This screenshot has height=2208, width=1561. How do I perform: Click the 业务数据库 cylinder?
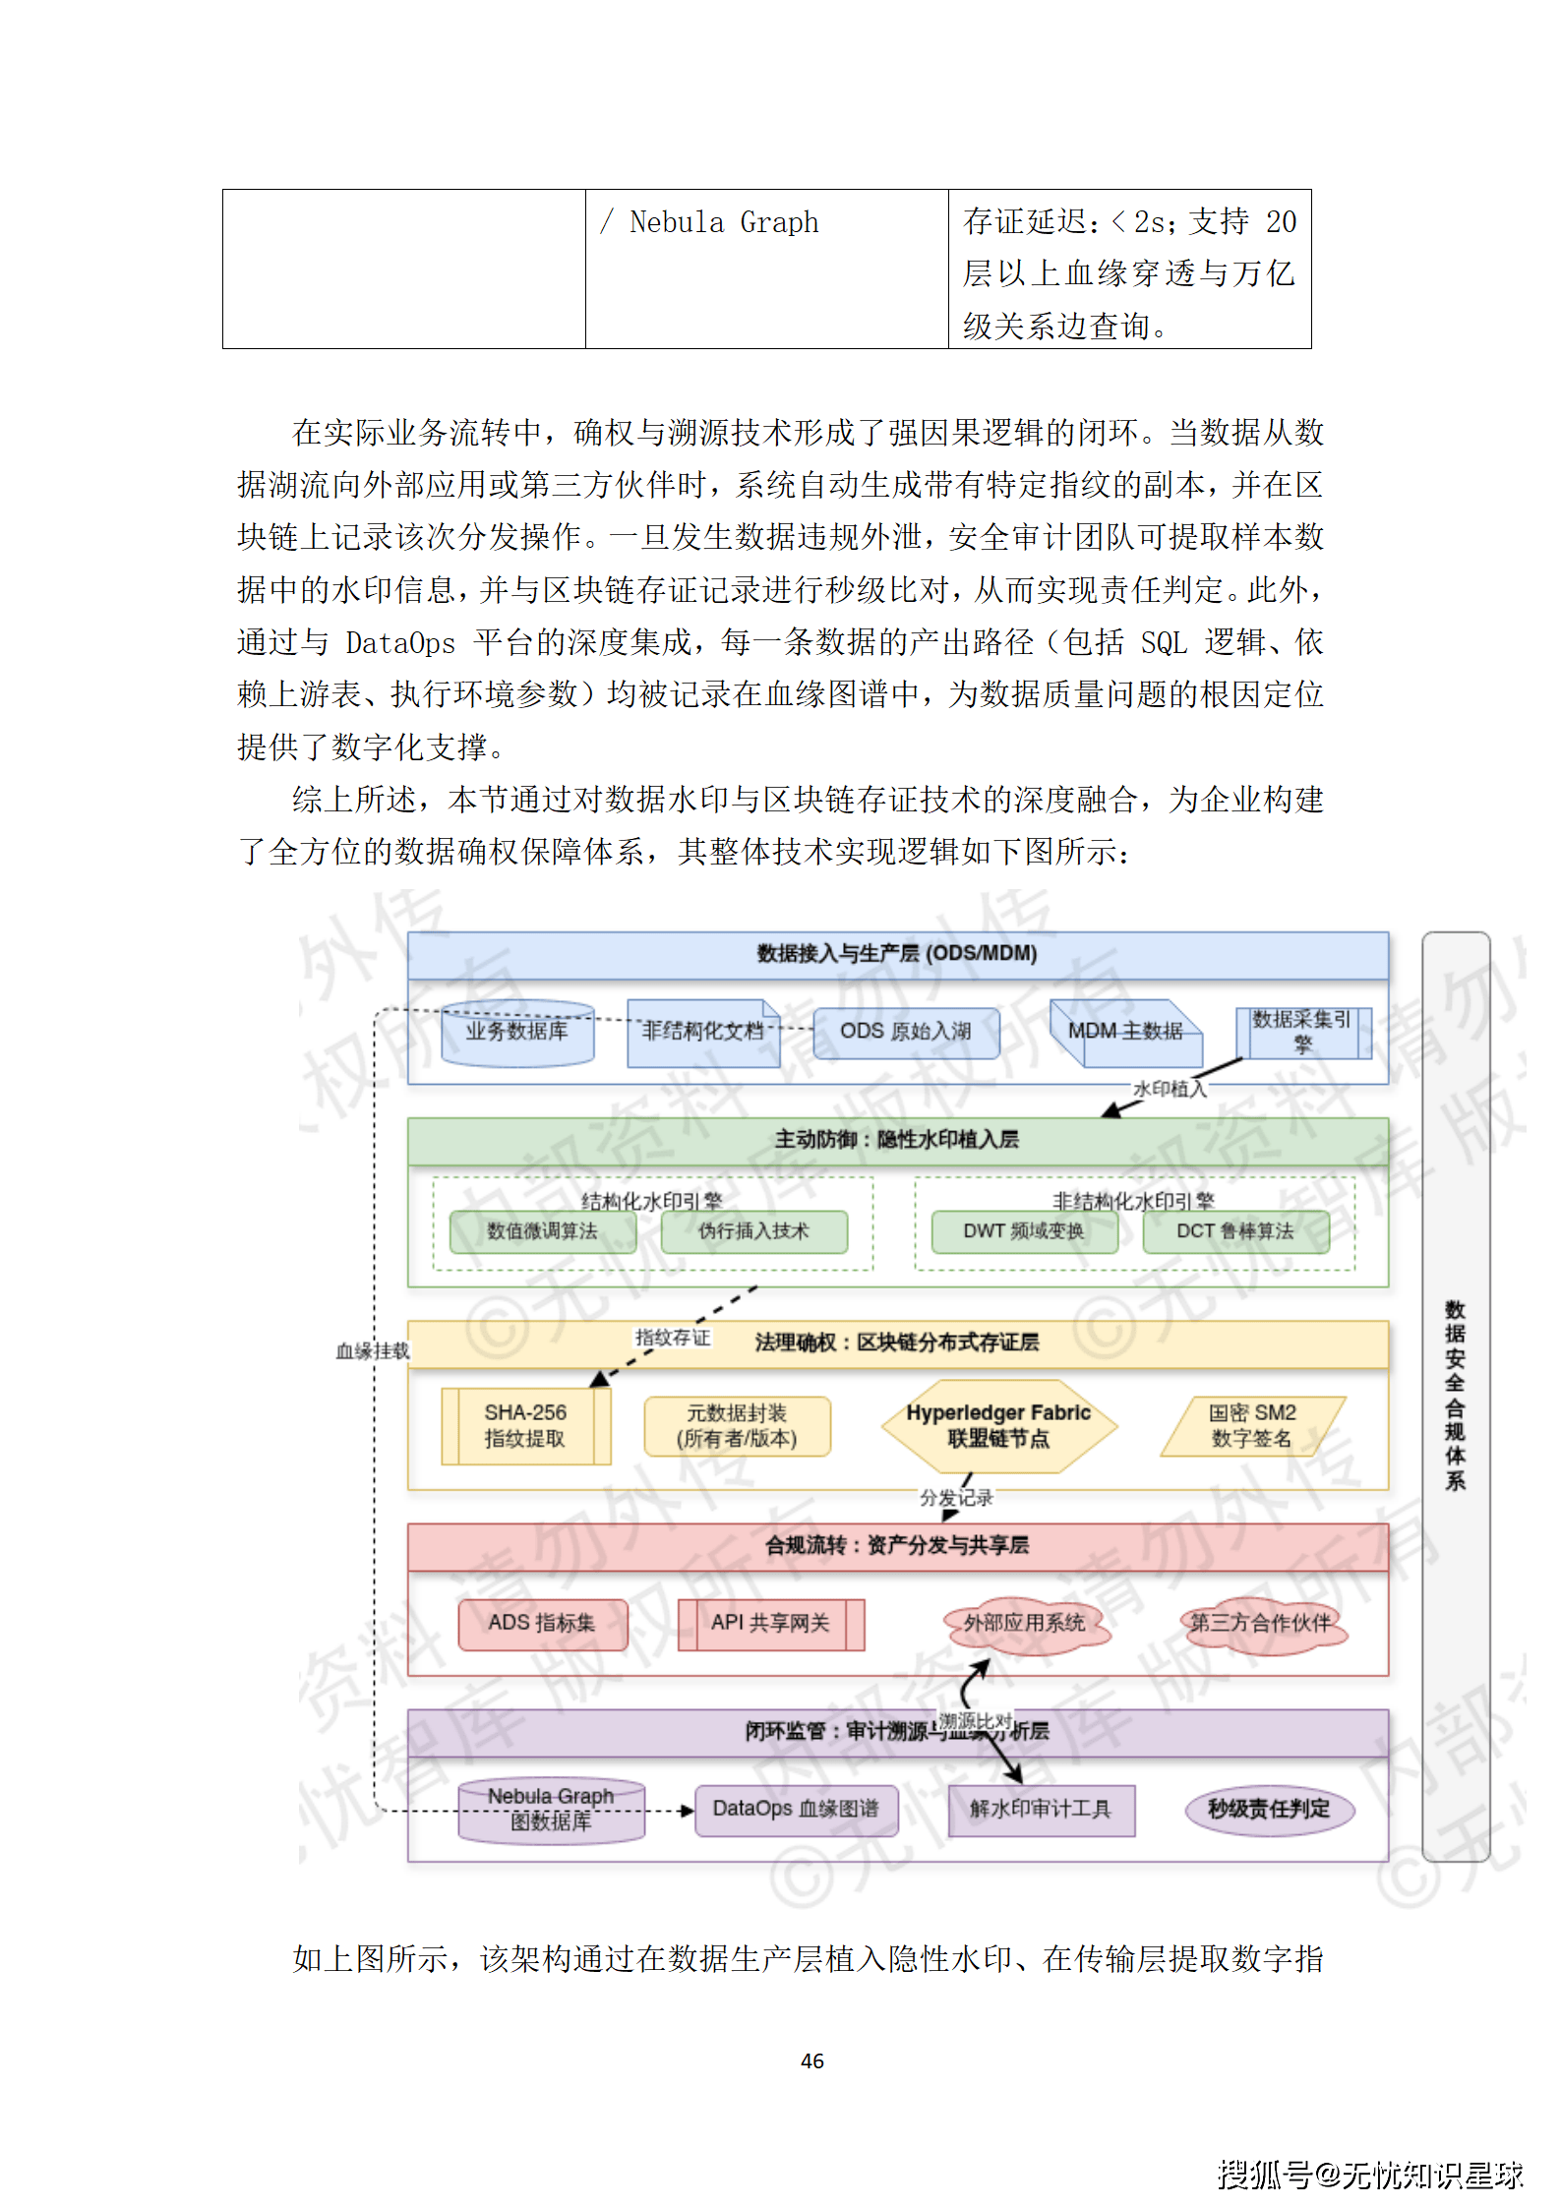coord(517,1033)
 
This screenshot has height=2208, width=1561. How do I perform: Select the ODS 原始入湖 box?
coord(905,1032)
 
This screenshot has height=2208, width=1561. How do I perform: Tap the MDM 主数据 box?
coord(1125,1032)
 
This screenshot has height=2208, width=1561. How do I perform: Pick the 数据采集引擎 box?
coord(1301,1032)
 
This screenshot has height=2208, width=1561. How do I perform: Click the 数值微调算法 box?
coord(542,1231)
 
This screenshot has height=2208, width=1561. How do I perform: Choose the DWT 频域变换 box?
coord(1024,1231)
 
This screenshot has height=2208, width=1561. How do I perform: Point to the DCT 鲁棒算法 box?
coord(1235,1231)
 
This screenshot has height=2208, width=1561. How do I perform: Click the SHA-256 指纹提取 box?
coord(525,1426)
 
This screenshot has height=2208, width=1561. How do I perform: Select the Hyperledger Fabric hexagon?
coord(998,1426)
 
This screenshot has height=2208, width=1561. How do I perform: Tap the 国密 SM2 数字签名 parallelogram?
coord(1252,1426)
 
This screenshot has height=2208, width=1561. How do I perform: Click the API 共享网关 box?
coord(770,1624)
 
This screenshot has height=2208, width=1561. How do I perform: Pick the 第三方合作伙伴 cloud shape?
coord(1261,1624)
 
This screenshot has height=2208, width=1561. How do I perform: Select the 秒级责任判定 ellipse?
coord(1269,1809)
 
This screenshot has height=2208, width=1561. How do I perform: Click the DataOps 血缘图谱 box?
coord(796,1809)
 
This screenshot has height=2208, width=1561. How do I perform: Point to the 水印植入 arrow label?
coord(1169,1089)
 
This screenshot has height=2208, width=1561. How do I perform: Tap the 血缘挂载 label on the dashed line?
coord(372,1351)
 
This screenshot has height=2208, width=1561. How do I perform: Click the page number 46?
coord(812,2061)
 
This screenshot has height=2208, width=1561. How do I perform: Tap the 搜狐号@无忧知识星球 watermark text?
coord(1369,2175)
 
